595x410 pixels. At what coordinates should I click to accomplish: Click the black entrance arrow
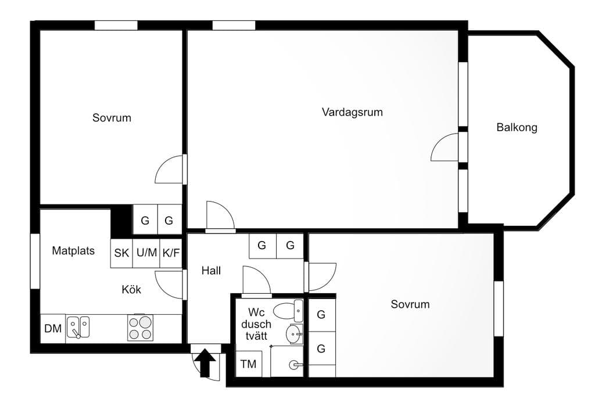click(x=205, y=364)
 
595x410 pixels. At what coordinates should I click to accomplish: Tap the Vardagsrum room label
click(x=352, y=112)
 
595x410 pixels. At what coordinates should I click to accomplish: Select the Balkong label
click(x=517, y=127)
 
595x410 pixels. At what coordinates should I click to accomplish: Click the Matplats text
click(x=73, y=251)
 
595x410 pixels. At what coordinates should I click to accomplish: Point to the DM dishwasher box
click(x=53, y=329)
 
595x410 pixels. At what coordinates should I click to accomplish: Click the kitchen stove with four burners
click(x=140, y=328)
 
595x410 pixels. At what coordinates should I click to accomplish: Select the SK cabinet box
click(x=121, y=253)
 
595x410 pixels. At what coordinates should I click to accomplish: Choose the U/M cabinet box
click(x=146, y=253)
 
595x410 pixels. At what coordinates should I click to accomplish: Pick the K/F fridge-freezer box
click(x=171, y=253)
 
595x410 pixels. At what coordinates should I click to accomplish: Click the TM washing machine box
click(x=249, y=364)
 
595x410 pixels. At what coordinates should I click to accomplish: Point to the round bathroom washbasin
click(x=294, y=334)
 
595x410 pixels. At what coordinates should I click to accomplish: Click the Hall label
click(x=211, y=271)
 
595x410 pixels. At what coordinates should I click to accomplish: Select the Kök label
click(x=131, y=290)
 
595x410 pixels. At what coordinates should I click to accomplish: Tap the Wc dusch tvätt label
click(x=256, y=324)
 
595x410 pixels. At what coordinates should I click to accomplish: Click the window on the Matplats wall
click(x=35, y=261)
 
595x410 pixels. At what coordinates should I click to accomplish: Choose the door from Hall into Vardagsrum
click(x=220, y=217)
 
